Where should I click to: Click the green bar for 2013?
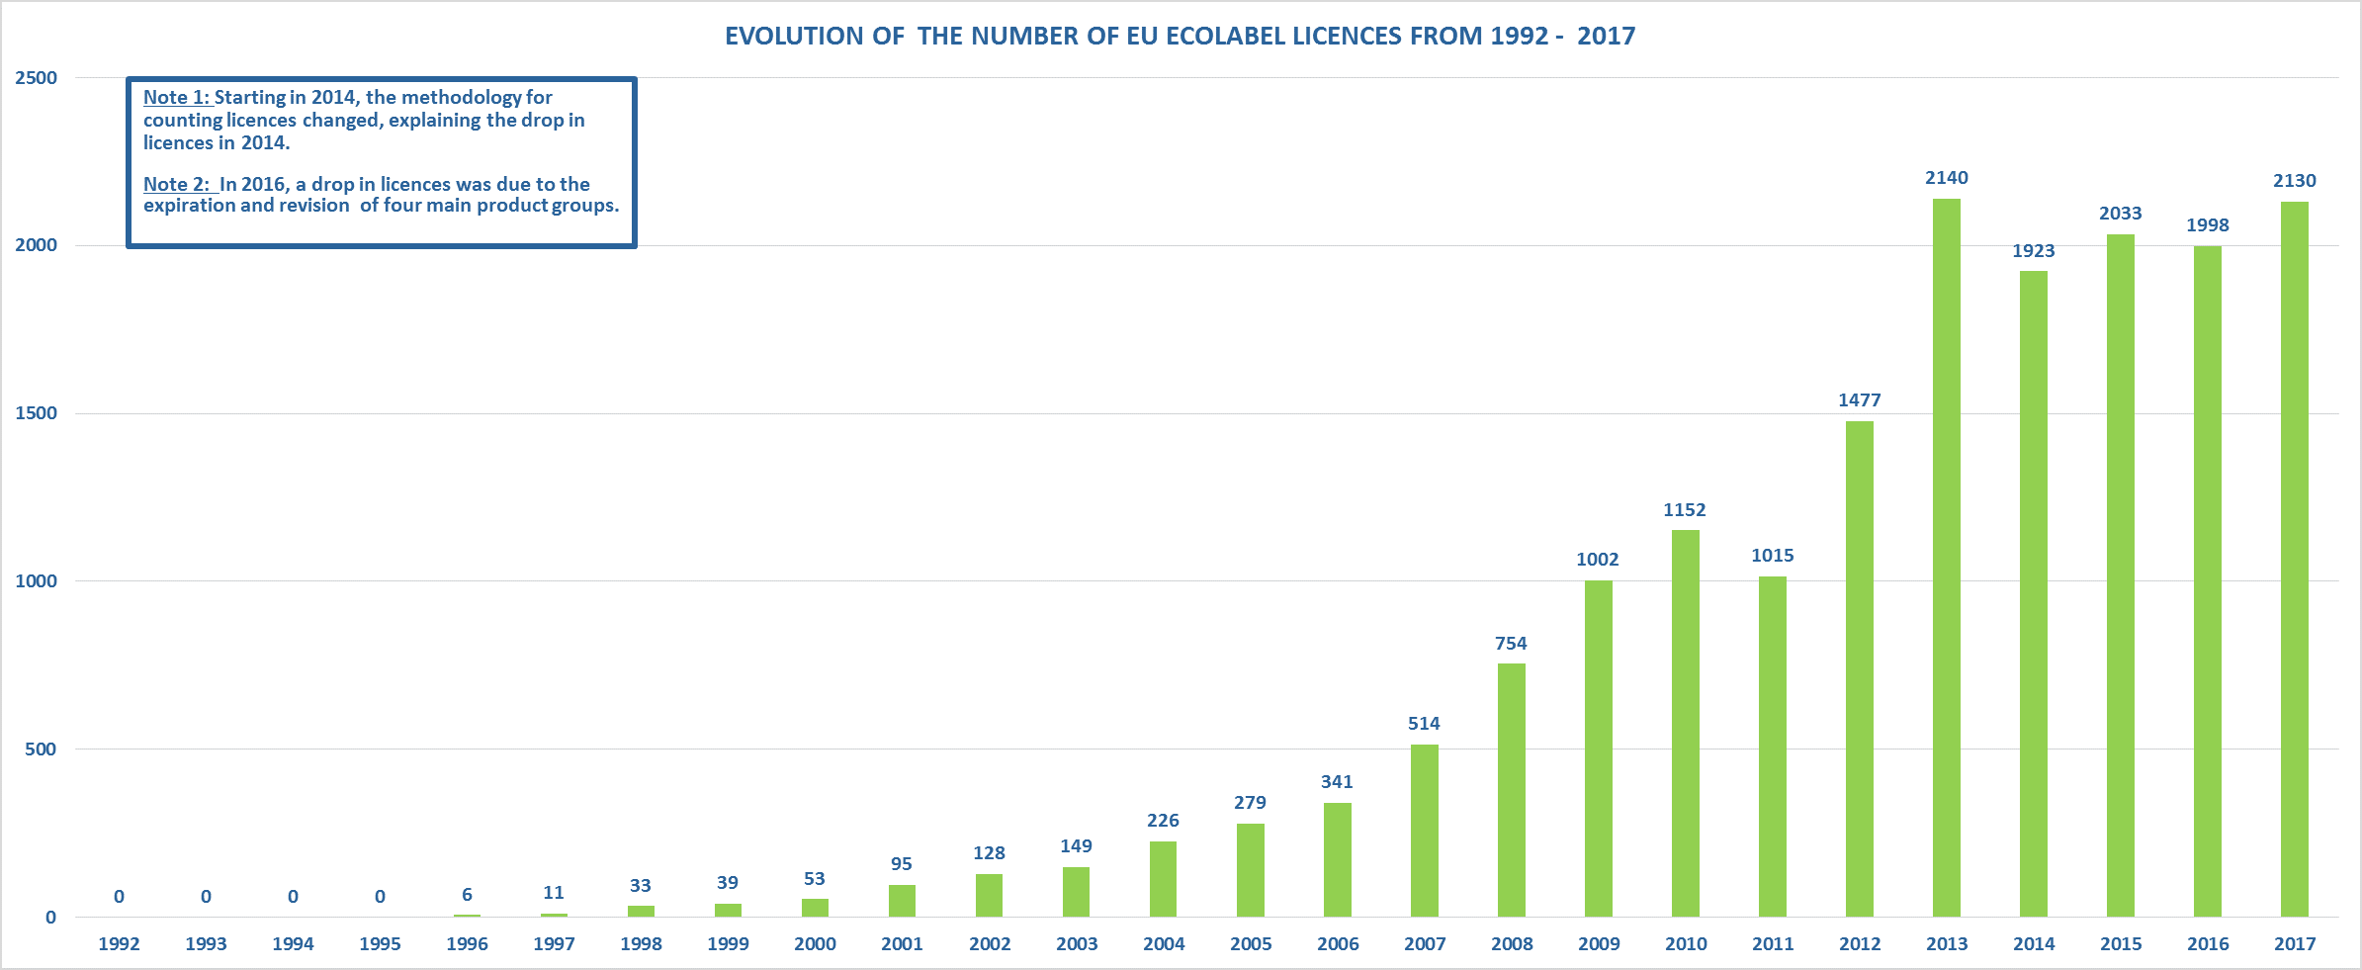(x=1946, y=558)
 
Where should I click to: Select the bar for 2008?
(x=1511, y=790)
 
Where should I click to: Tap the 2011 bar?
(x=1772, y=747)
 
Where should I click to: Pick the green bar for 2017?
(x=2294, y=559)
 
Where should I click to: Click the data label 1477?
(x=1859, y=400)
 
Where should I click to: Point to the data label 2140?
(x=1946, y=178)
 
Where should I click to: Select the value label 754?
(x=1511, y=644)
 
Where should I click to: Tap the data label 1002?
(x=1597, y=560)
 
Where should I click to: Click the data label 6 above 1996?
(x=467, y=895)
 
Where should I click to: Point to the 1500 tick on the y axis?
(x=37, y=413)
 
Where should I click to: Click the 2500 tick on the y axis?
(x=37, y=78)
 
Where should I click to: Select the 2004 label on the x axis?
(x=1164, y=944)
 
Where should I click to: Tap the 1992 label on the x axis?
(x=119, y=944)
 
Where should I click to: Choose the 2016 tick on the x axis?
(x=2208, y=944)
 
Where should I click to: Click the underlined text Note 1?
(x=176, y=98)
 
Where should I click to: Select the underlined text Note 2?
(x=176, y=184)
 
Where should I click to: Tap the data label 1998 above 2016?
(x=2207, y=225)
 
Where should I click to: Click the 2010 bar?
(x=1685, y=723)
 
